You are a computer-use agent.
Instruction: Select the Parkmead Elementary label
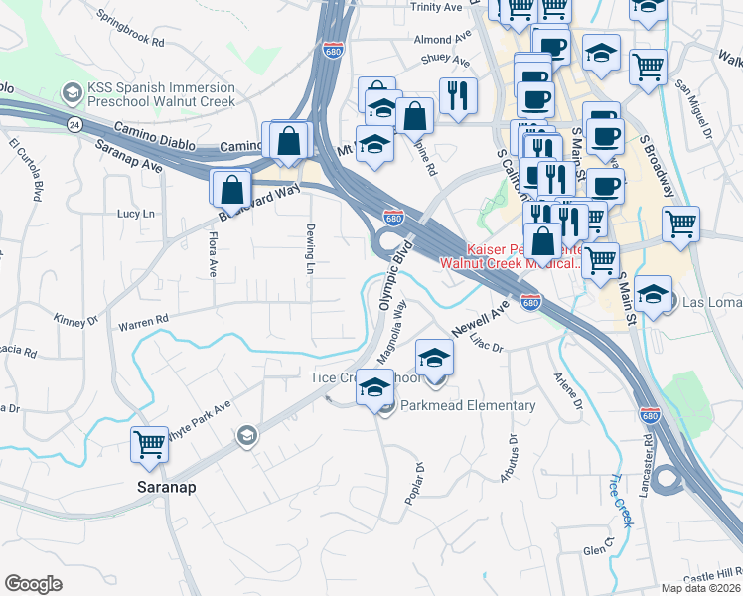(468, 405)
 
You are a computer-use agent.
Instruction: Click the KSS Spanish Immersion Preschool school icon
(72, 94)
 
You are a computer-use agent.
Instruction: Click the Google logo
(33, 583)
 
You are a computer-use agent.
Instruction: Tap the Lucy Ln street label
(137, 214)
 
